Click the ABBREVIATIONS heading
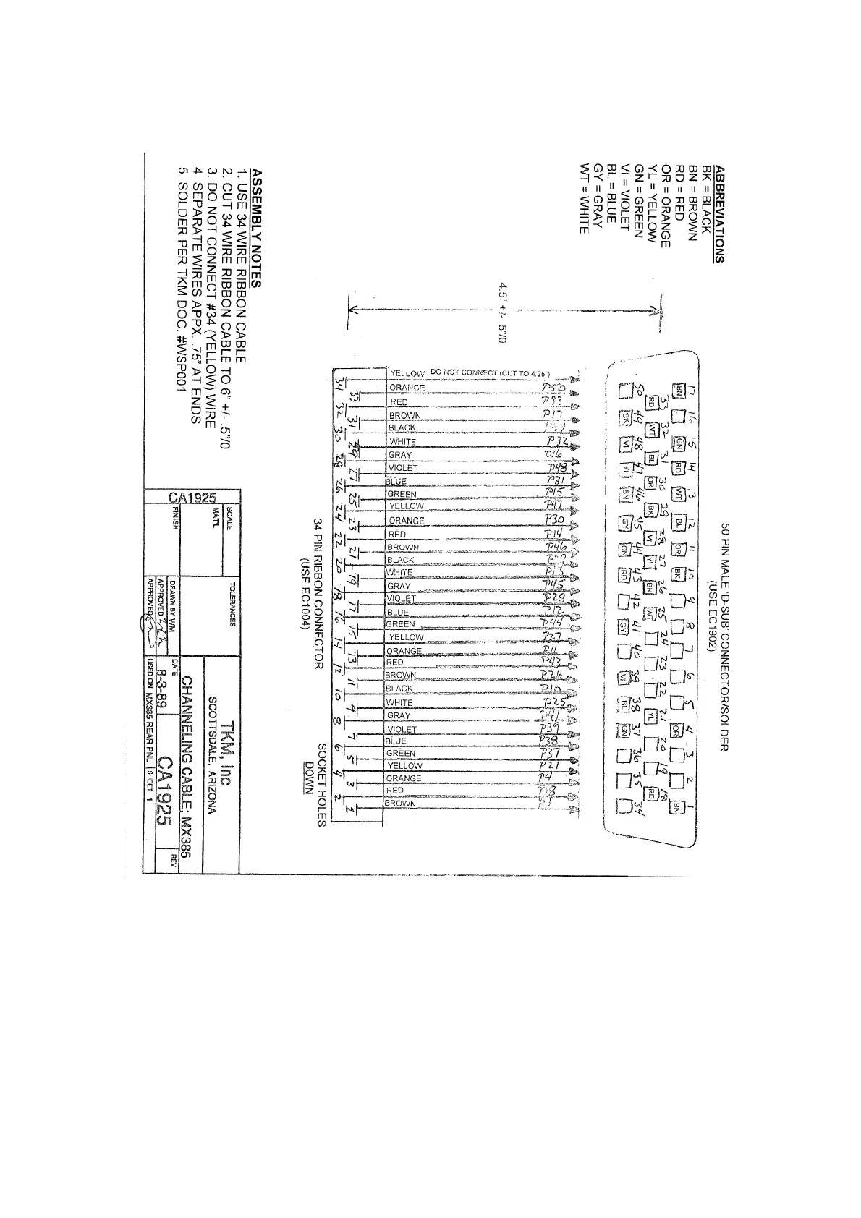coord(718,214)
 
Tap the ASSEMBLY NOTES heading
coord(255,229)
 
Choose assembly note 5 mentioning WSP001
coord(182,279)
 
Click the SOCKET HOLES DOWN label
coord(317,783)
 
